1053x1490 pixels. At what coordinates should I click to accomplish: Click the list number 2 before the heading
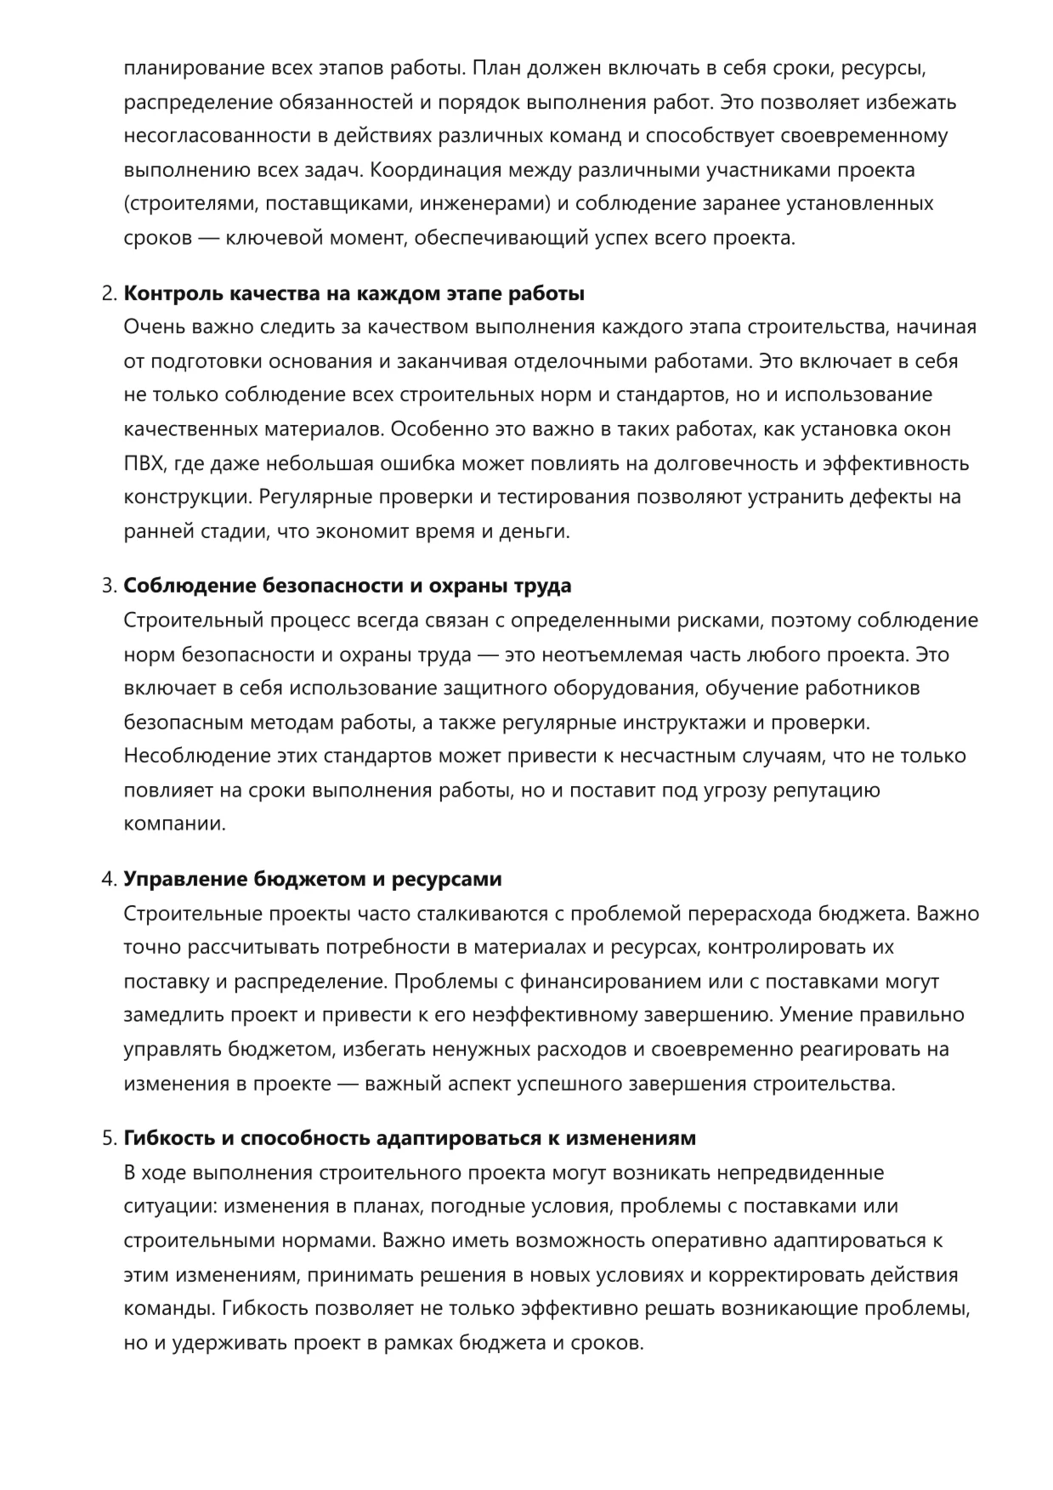click(108, 294)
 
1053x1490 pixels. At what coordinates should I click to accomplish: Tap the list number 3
click(108, 586)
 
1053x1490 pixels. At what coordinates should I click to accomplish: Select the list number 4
click(108, 880)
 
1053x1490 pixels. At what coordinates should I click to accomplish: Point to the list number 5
click(108, 1138)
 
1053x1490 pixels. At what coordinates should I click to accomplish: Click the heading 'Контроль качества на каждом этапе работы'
click(354, 294)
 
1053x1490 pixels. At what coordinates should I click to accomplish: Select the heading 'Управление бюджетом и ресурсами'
click(313, 880)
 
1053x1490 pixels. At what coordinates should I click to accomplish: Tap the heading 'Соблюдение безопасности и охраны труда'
click(348, 586)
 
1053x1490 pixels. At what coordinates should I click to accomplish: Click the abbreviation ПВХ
click(141, 463)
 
